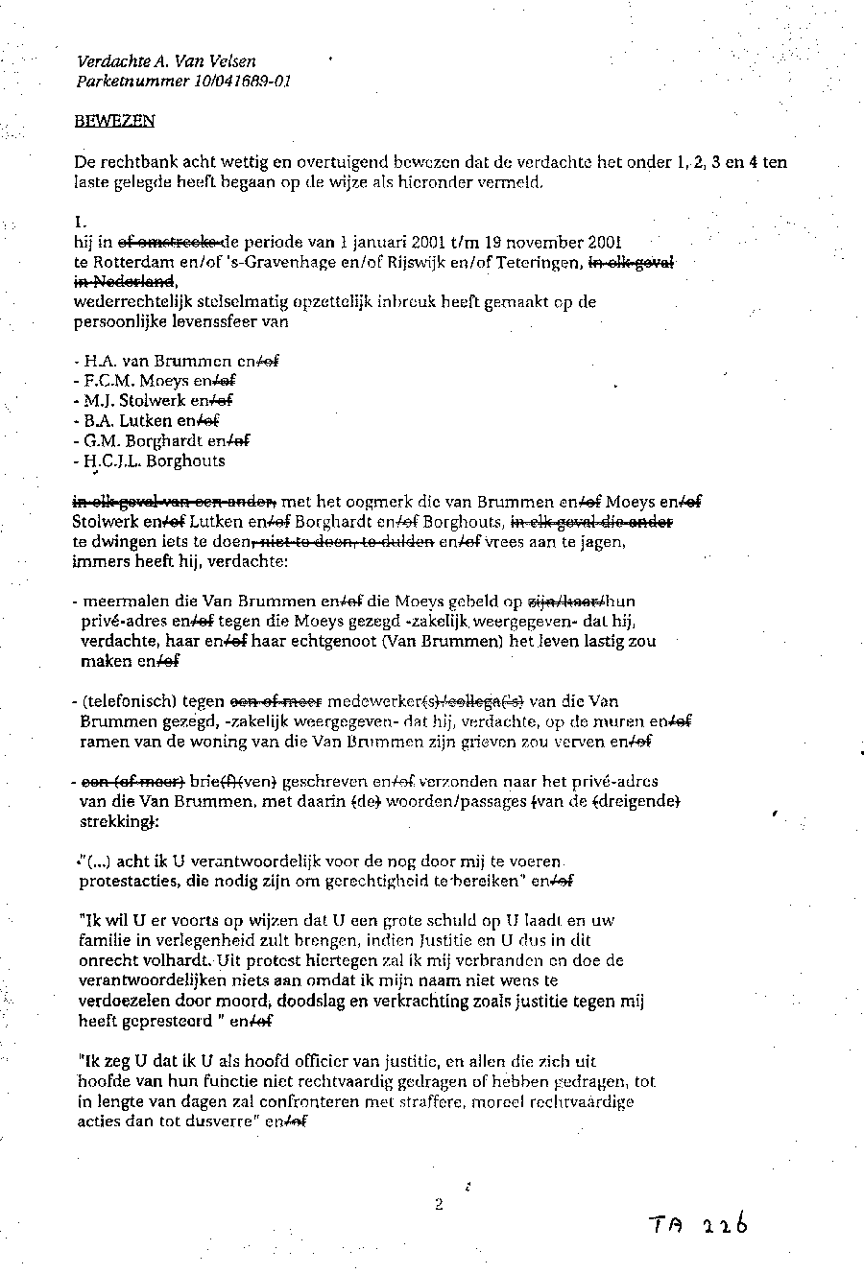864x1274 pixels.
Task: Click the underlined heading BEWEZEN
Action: pos(113,121)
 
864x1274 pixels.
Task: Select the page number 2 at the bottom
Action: pos(439,1206)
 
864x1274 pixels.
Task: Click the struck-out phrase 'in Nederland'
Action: pos(124,280)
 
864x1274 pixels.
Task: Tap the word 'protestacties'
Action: pos(125,880)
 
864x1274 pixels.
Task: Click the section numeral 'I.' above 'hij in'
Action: pos(80,220)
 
